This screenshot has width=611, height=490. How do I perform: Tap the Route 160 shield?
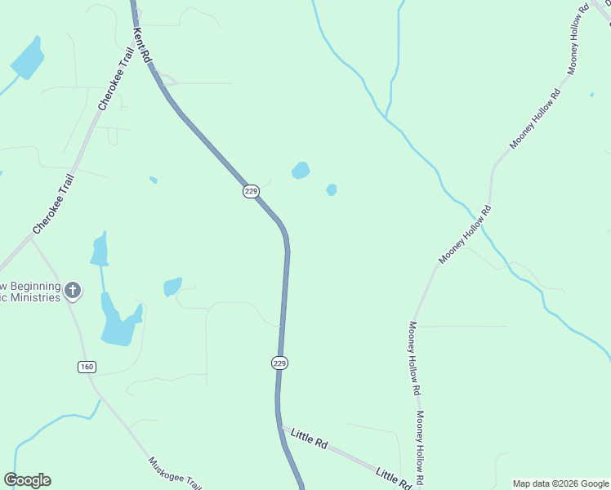[x=87, y=367]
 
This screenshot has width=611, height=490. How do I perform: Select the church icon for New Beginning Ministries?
[x=73, y=290]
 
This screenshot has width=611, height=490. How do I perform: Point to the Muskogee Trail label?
[x=174, y=473]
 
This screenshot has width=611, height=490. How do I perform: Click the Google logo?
[x=27, y=480]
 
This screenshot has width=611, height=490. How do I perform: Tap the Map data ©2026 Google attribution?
[x=560, y=483]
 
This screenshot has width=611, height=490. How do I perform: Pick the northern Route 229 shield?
[x=251, y=191]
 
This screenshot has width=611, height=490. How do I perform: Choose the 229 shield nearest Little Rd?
[x=279, y=363]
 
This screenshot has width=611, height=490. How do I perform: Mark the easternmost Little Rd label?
[x=393, y=478]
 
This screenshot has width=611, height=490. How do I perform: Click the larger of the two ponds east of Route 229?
[x=301, y=171]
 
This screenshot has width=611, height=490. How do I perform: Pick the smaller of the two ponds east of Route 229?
[x=331, y=190]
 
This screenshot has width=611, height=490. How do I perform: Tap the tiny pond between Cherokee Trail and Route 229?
[x=153, y=180]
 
